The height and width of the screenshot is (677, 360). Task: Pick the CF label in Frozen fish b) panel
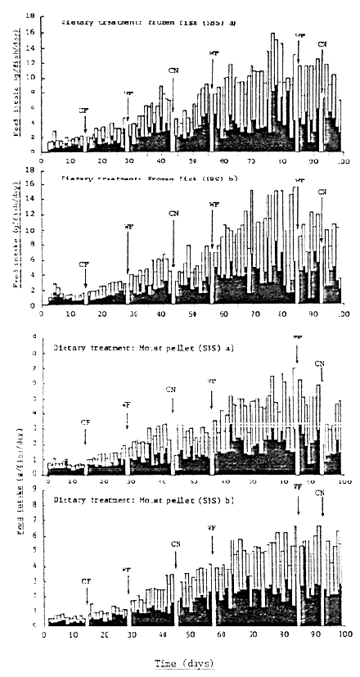point(83,264)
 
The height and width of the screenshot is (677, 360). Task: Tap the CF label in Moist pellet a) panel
point(85,420)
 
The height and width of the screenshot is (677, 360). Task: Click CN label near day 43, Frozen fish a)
point(173,70)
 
